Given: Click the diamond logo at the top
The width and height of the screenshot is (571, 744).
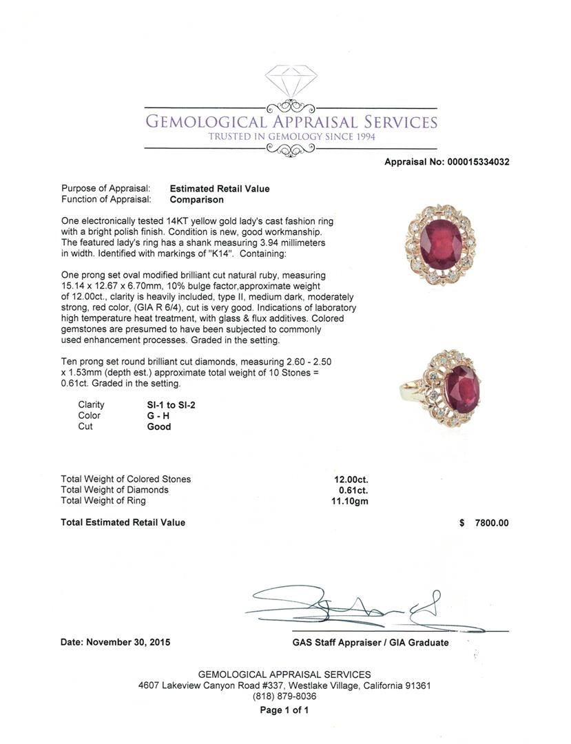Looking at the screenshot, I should coord(290,81).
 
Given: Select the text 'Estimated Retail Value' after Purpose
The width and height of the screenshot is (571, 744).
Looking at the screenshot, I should coord(220,189).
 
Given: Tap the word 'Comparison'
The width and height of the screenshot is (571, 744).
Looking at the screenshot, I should coord(196,200).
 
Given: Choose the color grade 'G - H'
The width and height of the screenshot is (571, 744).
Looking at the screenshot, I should coord(158,416).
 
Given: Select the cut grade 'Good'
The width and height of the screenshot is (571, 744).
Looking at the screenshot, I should coord(159,427).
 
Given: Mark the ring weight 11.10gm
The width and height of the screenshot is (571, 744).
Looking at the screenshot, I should coord(350,502).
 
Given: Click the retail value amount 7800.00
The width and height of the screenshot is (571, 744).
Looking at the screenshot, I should coord(492,523).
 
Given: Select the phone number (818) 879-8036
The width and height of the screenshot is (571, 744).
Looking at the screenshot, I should coord(284,696).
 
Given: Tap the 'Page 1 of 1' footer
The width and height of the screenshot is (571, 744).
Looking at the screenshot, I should coord(284,710).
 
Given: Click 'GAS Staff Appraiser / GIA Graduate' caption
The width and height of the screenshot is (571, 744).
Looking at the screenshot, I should coord(370,643).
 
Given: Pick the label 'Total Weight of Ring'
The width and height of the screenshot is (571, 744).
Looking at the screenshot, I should coord(103,501).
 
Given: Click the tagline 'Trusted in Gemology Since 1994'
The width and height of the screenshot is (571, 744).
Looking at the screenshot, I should coord(291,137).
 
